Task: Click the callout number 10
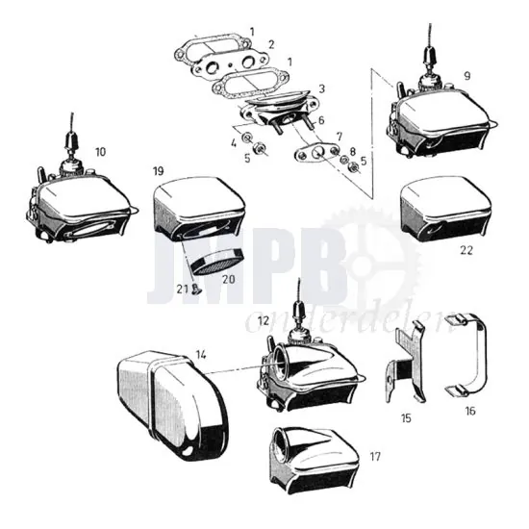(101, 151)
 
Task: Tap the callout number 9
(466, 74)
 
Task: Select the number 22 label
(466, 250)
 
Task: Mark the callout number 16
(470, 410)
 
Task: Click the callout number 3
(322, 88)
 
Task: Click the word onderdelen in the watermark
(348, 326)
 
